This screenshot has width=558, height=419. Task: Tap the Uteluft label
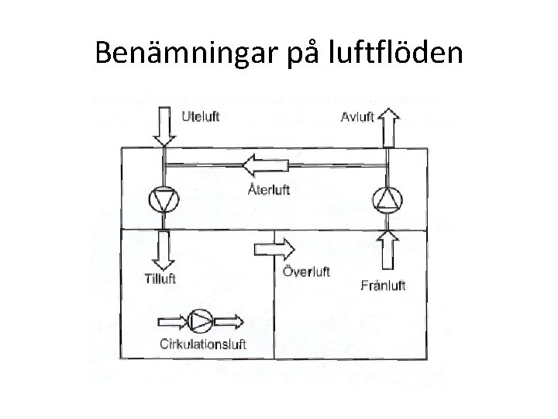tap(201, 117)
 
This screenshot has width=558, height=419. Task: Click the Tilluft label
tap(162, 278)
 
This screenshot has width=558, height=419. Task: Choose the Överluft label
tap(307, 272)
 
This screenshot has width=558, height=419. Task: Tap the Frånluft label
tap(384, 286)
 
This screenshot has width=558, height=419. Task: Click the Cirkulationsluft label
tap(203, 345)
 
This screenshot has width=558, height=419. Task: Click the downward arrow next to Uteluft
tap(164, 126)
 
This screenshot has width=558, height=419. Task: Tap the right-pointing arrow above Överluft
tap(274, 248)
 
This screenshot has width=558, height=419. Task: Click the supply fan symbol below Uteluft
tap(164, 199)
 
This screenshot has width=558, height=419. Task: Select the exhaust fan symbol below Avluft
tap(387, 199)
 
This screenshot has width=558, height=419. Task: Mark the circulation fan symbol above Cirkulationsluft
tap(199, 320)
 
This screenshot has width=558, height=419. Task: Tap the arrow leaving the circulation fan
tap(228, 320)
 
